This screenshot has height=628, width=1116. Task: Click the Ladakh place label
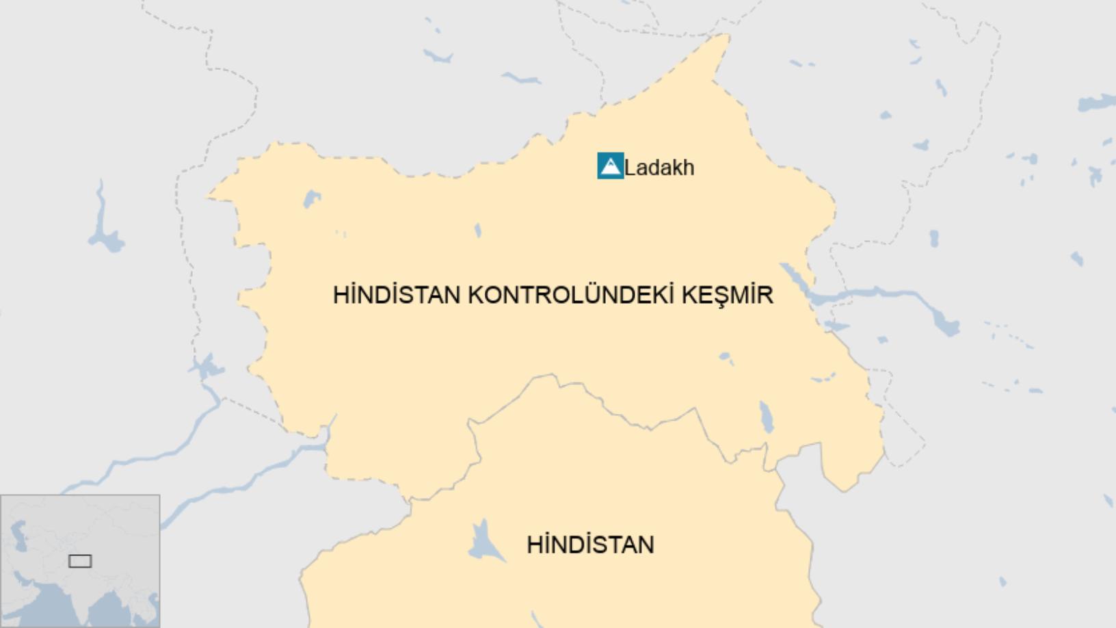[659, 168]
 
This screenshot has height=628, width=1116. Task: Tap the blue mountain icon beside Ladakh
[610, 166]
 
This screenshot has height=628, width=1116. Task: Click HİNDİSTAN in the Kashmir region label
[396, 295]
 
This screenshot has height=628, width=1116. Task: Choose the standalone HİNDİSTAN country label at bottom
[590, 545]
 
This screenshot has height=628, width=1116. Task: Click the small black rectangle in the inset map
[80, 561]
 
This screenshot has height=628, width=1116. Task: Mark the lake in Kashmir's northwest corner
[312, 199]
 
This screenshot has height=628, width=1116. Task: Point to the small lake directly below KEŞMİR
[726, 357]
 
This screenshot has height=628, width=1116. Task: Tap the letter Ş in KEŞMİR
[717, 295]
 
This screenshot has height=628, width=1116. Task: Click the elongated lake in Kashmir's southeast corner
[767, 417]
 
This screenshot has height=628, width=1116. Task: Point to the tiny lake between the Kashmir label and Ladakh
[477, 231]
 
